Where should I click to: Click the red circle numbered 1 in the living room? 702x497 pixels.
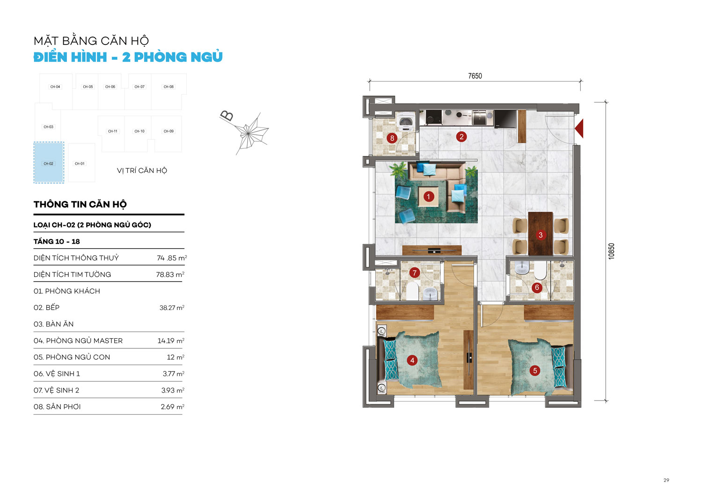click(428, 197)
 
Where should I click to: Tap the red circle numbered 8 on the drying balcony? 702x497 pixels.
click(392, 138)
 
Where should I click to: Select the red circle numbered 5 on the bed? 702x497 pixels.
click(535, 371)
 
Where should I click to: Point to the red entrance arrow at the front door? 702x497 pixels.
click(579, 128)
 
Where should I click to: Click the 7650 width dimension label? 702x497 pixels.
click(475, 76)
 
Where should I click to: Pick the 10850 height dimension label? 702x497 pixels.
click(611, 251)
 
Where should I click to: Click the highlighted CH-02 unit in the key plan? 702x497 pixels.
click(49, 163)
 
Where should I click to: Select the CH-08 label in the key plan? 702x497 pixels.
click(168, 87)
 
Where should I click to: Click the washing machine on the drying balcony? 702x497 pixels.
click(406, 122)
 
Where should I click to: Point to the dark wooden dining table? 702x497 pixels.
click(540, 234)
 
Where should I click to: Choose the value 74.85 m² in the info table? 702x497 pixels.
click(172, 258)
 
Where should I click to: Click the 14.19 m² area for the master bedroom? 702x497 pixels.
click(171, 341)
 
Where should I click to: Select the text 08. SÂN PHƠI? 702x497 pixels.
click(57, 407)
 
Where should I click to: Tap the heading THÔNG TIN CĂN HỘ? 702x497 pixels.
click(80, 204)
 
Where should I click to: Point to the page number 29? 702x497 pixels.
click(666, 480)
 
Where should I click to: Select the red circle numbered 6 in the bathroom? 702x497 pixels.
click(537, 288)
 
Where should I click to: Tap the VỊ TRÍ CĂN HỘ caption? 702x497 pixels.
click(142, 171)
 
